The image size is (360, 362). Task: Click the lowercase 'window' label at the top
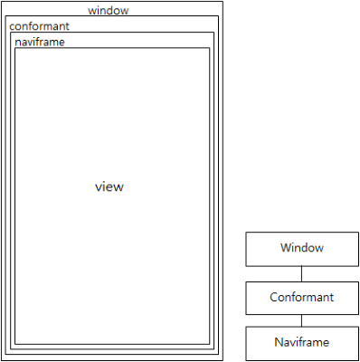click(x=109, y=11)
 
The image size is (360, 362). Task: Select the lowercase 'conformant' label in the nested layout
click(x=39, y=26)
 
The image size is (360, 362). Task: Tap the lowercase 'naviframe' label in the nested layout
click(x=40, y=42)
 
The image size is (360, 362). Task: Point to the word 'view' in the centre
click(x=109, y=187)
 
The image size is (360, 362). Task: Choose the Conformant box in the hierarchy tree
click(x=301, y=297)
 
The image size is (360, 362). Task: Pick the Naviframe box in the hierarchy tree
click(x=301, y=343)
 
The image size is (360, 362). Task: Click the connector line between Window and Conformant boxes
click(x=301, y=273)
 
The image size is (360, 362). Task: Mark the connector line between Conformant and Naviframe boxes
click(x=301, y=319)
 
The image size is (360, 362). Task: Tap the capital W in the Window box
click(x=285, y=248)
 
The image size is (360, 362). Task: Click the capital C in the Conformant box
click(x=274, y=297)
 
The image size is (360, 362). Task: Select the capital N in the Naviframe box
click(x=279, y=343)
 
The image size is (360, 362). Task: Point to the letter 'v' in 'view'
click(x=99, y=188)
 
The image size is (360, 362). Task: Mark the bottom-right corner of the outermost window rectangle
click(x=222, y=358)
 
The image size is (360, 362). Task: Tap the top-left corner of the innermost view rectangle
click(x=14, y=48)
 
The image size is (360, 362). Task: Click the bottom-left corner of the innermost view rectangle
click(x=14, y=345)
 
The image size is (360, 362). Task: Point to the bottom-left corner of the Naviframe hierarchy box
click(x=246, y=359)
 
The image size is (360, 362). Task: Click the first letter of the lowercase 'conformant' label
click(x=13, y=27)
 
